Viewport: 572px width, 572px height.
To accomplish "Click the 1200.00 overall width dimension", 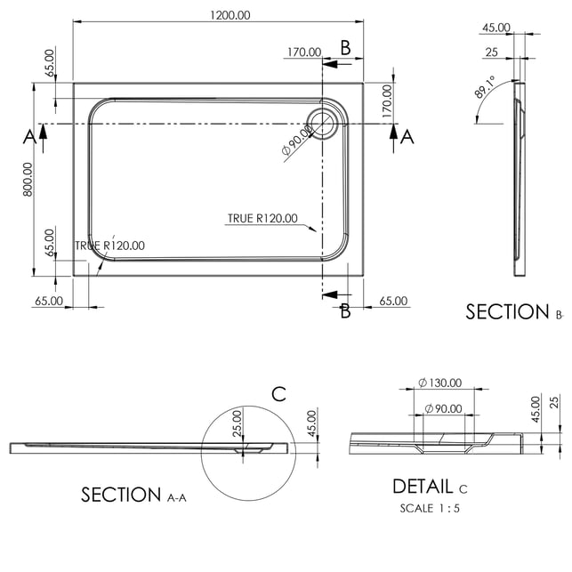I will [x=230, y=14].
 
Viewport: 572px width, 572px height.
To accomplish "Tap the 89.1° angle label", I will [x=486, y=92].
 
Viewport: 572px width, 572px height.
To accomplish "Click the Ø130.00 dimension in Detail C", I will [x=439, y=383].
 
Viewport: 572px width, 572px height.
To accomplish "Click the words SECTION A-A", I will [x=133, y=495].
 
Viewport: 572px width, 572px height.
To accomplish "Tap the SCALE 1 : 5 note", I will [x=430, y=509].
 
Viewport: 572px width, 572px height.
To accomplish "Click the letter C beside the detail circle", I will [x=278, y=394].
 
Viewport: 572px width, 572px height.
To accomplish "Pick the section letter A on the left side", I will [x=29, y=135].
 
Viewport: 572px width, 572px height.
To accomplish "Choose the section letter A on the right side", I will [x=407, y=135].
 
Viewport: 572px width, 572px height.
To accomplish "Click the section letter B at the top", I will [x=345, y=47].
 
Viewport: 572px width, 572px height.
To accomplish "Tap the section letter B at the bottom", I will [x=345, y=310].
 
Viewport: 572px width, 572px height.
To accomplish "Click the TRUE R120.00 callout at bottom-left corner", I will [x=109, y=246].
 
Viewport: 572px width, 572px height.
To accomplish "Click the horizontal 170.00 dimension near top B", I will [x=303, y=52].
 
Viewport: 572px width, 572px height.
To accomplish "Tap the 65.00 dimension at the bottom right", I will [x=393, y=301].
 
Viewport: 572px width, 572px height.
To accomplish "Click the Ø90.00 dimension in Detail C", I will [x=442, y=408].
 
